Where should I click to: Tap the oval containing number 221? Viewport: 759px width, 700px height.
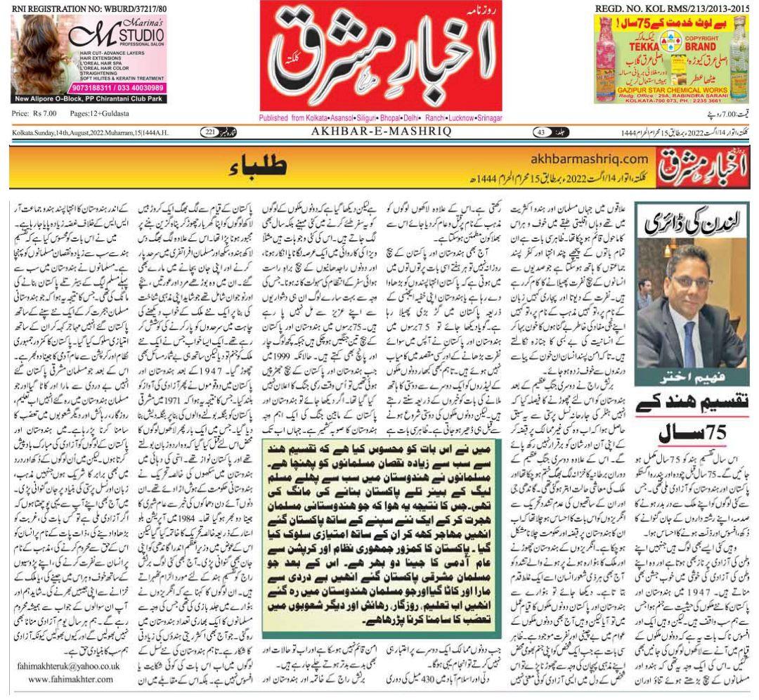[211, 132]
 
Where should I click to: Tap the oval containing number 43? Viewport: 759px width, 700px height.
[541, 132]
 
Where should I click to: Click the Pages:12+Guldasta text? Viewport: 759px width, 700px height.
[100, 114]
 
